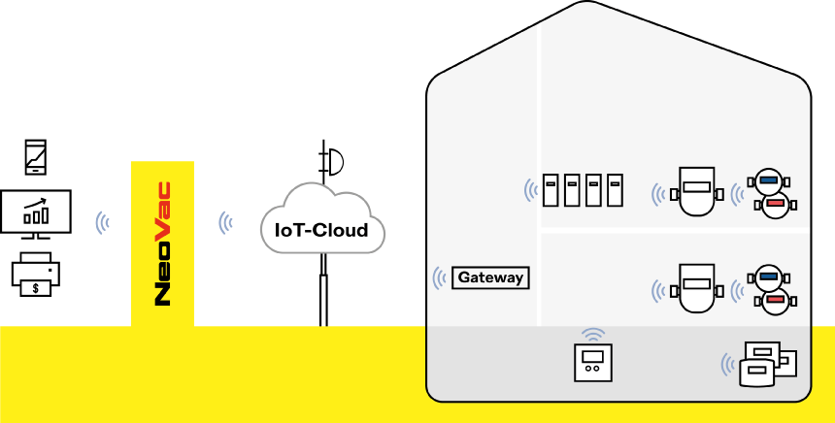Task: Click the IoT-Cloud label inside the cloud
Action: click(321, 230)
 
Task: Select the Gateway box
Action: click(490, 277)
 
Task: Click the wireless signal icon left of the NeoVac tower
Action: click(102, 223)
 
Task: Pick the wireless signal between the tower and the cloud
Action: click(226, 223)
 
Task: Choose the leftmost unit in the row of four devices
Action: click(551, 189)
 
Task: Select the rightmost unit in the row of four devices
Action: click(615, 189)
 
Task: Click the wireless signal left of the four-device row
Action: click(531, 189)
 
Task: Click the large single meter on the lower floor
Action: click(695, 287)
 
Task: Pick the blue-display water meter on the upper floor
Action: click(770, 180)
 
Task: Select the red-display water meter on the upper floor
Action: click(775, 204)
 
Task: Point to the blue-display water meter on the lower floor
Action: click(770, 277)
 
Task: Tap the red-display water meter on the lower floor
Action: click(775, 301)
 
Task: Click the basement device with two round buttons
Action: click(592, 364)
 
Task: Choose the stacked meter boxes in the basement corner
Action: click(767, 365)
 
